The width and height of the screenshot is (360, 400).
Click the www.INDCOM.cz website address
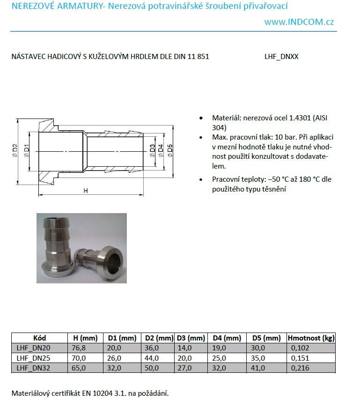[299, 22]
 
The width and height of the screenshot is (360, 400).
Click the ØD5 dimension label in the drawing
[170, 150]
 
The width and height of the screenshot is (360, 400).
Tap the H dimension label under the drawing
[85, 191]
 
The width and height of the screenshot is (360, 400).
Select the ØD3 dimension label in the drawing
[153, 150]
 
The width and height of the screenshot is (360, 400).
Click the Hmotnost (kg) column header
[311, 338]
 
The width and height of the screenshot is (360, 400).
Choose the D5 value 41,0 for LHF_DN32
[258, 368]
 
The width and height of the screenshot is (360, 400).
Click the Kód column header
[40, 338]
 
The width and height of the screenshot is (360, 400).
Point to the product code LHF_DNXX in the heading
[281, 57]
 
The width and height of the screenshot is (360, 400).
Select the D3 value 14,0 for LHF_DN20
[184, 348]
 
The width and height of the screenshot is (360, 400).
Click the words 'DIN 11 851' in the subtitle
[192, 57]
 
